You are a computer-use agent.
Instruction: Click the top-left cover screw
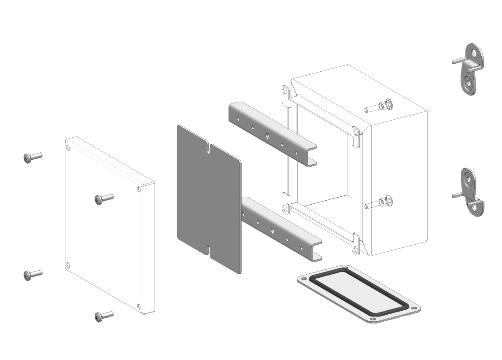[x=32, y=158]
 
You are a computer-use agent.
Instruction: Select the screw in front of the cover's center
[x=103, y=199]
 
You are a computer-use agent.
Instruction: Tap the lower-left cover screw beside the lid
[x=32, y=275]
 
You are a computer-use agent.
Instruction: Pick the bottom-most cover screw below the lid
[x=103, y=316]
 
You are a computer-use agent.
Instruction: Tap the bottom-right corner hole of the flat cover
[x=139, y=306]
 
